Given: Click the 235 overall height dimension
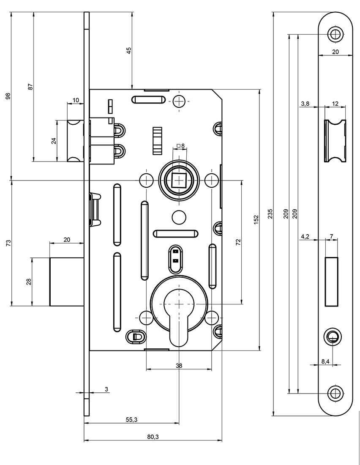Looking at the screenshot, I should pyautogui.click(x=270, y=213).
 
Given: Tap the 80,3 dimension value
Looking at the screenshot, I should pyautogui.click(x=153, y=437).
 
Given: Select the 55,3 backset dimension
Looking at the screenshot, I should pyautogui.click(x=131, y=419).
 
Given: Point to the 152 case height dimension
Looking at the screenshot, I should pyautogui.click(x=256, y=220).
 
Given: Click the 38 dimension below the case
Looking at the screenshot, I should pyautogui.click(x=179, y=366).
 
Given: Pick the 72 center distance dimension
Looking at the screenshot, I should pyautogui.click(x=238, y=242).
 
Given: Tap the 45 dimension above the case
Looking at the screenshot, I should pyautogui.click(x=129, y=50).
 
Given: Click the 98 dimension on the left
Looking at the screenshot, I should pyautogui.click(x=8, y=96).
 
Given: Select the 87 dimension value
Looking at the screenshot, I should pyautogui.click(x=30, y=87).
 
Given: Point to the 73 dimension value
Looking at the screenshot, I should pyautogui.click(x=8, y=243).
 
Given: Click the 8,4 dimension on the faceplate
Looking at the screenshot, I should pyautogui.click(x=325, y=361).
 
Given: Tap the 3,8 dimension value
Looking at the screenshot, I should pyautogui.click(x=305, y=104).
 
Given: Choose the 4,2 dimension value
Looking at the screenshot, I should pyautogui.click(x=305, y=236).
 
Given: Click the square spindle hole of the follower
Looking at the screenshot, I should pyautogui.click(x=180, y=181).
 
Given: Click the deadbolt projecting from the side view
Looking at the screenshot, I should pyautogui.click(x=66, y=282).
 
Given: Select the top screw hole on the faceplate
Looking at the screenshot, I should pyautogui.click(x=336, y=34).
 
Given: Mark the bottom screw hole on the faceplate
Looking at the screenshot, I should pyautogui.click(x=336, y=393).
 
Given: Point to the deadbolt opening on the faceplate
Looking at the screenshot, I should pyautogui.click(x=331, y=281).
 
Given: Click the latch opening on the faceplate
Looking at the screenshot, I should pyautogui.click(x=335, y=140).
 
